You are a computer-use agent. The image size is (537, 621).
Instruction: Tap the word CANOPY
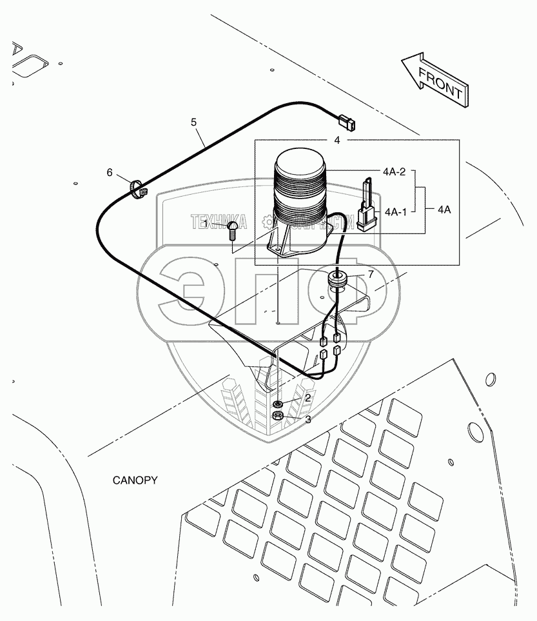(x=135, y=480)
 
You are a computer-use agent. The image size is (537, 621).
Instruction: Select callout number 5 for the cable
(x=193, y=121)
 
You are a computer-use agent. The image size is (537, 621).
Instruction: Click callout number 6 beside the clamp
(x=110, y=172)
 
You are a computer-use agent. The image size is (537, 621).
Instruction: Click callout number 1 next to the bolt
(x=205, y=222)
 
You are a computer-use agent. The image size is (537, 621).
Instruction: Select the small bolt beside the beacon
(x=232, y=230)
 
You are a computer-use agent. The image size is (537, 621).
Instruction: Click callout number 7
(x=370, y=274)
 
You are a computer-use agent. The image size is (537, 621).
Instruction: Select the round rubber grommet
(x=340, y=279)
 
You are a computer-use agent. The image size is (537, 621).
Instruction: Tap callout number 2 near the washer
(x=308, y=398)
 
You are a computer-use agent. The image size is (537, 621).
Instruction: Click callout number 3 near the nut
(x=308, y=419)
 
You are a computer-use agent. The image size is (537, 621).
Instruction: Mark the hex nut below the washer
(x=278, y=416)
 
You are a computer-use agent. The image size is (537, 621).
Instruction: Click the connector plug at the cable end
(x=346, y=121)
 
